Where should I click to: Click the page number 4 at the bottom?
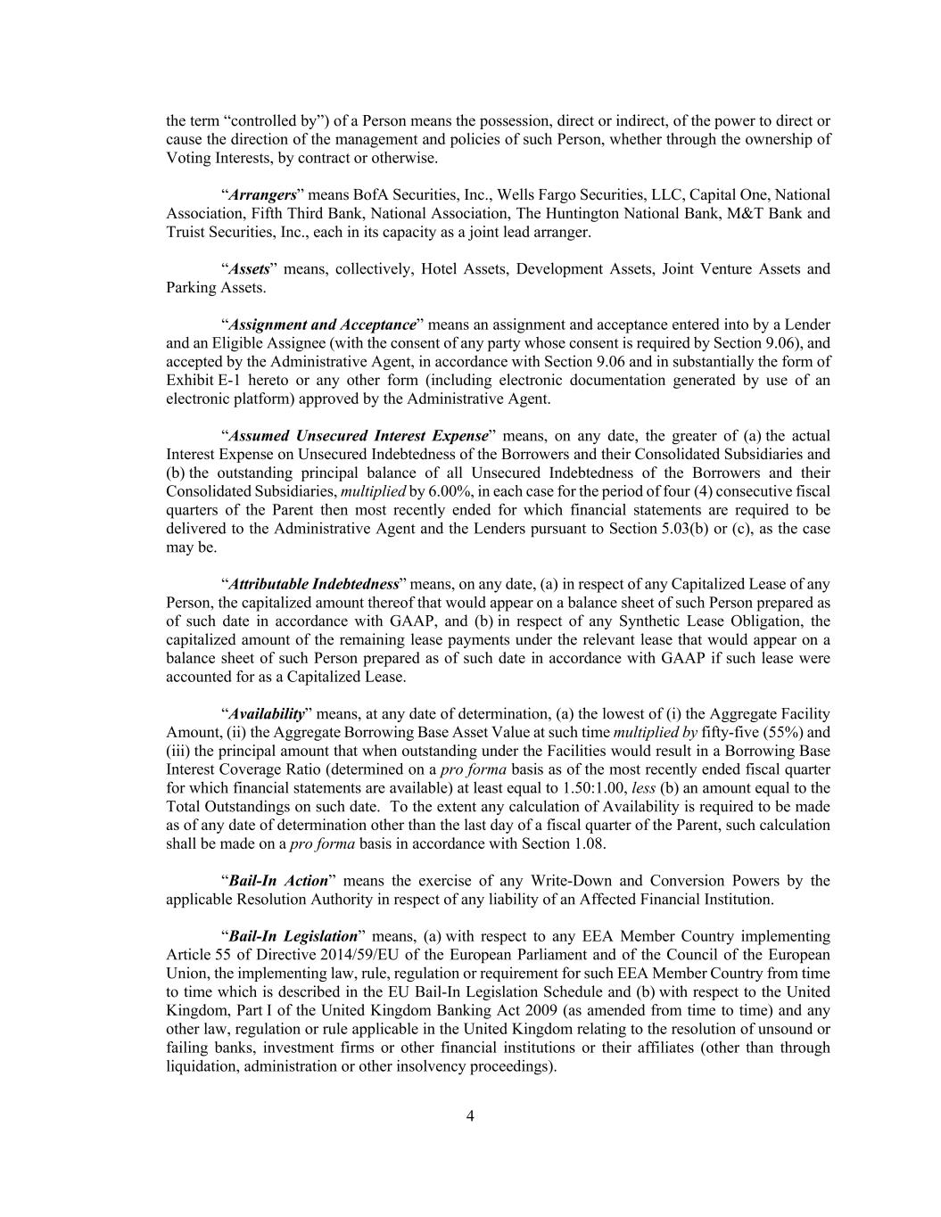tap(470, 1116)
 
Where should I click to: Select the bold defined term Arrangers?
tap(262, 194)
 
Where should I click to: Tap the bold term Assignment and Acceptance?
tap(322, 325)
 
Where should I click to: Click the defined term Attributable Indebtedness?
tap(313, 584)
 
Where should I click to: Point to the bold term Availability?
tap(267, 713)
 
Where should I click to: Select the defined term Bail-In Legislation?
tap(293, 936)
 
